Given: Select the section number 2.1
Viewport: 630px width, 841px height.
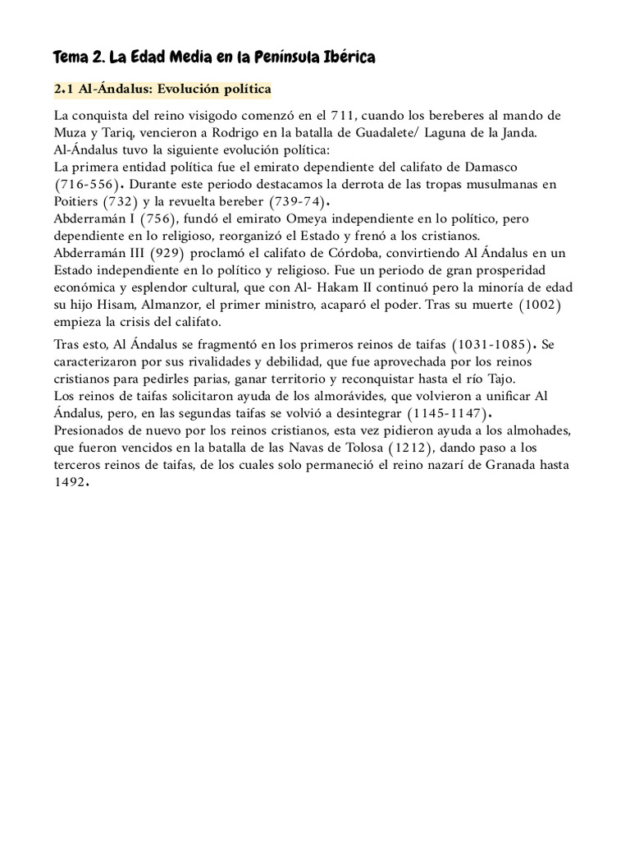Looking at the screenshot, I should (65, 89).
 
